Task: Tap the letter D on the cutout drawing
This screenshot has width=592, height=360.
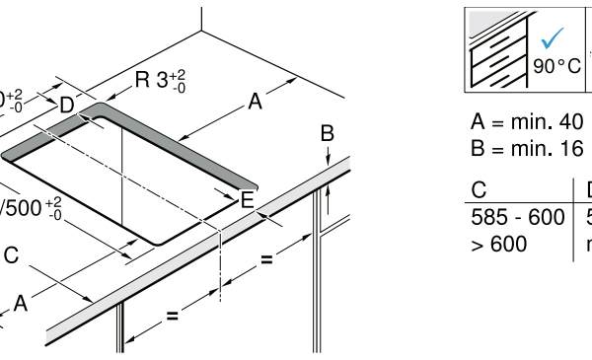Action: click(x=66, y=105)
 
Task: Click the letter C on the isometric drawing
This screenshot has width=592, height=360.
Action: click(x=10, y=255)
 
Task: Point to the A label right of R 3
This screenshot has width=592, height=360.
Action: click(x=256, y=101)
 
